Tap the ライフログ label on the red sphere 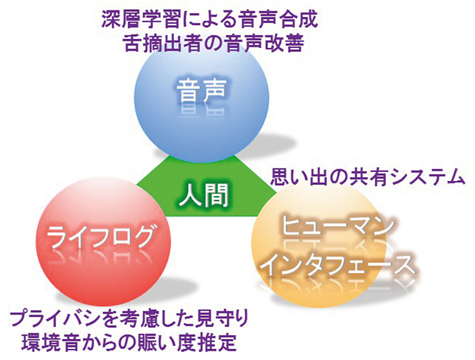[100, 237]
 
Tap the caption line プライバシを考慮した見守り [129, 320]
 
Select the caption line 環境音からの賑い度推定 [129, 342]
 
